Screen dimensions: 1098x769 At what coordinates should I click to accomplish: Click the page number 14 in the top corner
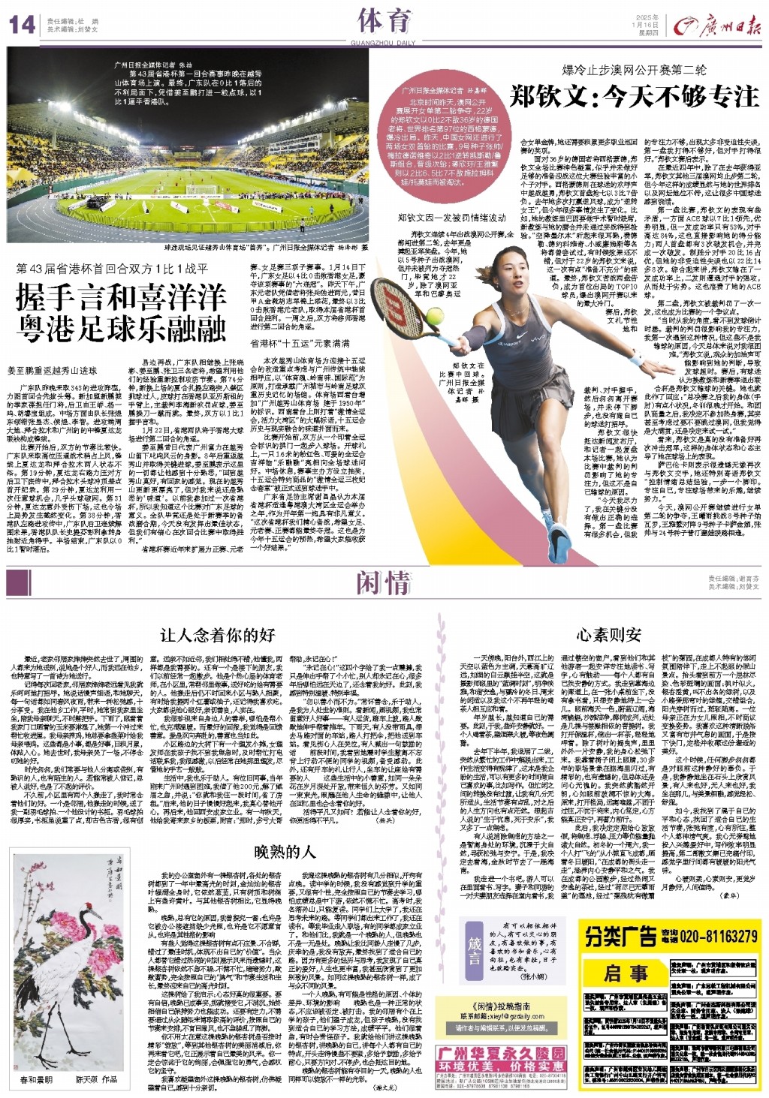23,25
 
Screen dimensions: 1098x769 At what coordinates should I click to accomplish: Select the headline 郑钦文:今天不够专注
634,97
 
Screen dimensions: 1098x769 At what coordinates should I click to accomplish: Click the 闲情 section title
383,583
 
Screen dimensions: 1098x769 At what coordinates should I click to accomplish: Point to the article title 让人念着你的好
218,636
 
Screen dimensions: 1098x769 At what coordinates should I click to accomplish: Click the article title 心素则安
608,635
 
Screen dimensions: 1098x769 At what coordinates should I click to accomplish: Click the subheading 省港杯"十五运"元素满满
300,343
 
